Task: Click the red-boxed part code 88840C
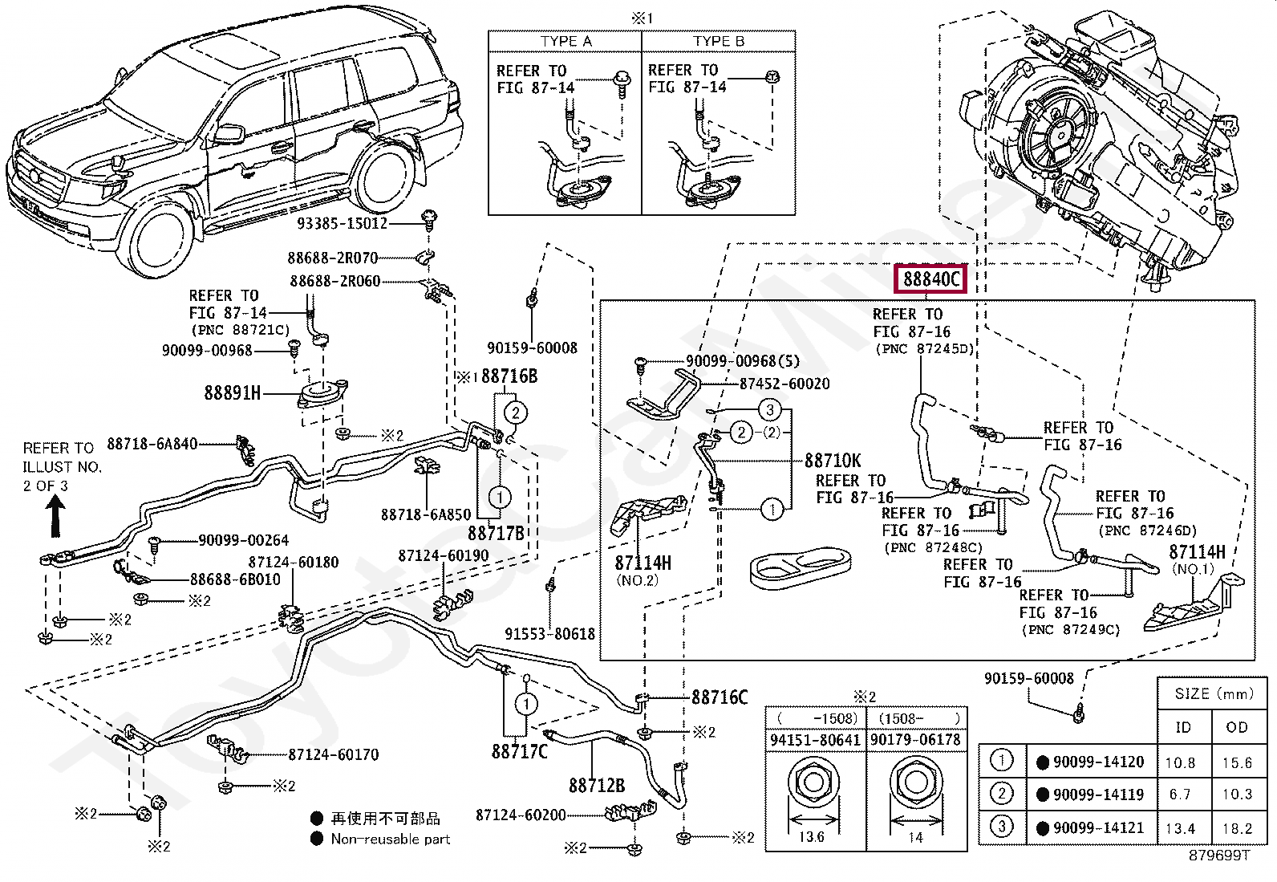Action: (930, 279)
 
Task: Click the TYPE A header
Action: (566, 42)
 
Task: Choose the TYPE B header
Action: (719, 42)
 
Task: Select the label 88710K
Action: (833, 461)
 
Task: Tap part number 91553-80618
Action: (549, 634)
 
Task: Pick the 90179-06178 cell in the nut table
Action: (915, 740)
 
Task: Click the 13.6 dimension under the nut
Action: (812, 837)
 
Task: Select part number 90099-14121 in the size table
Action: (1098, 827)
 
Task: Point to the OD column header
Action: (1237, 727)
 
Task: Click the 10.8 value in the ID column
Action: (1180, 762)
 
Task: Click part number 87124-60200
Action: (521, 815)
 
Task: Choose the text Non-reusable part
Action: (391, 839)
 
